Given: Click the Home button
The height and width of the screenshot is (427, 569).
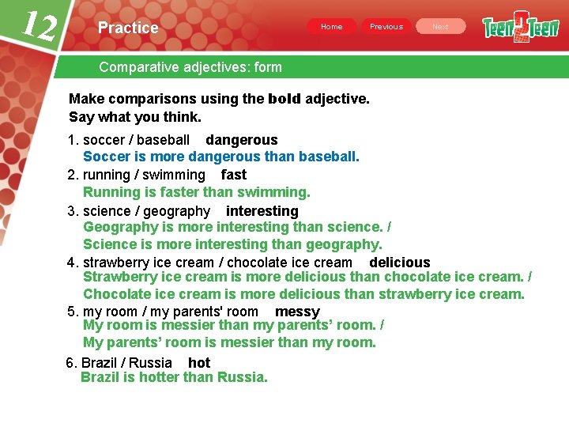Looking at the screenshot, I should coord(332,27).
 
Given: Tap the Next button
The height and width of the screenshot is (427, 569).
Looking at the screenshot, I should coord(440,27).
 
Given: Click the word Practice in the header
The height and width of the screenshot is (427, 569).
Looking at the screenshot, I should coord(128,28).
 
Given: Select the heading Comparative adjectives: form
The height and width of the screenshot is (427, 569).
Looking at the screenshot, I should coord(190,67).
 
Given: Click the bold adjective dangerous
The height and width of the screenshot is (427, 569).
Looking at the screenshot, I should coord(242,140).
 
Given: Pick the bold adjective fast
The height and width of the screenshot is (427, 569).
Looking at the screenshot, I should coord(234,175).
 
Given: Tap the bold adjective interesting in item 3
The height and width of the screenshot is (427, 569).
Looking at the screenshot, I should coord(262,211).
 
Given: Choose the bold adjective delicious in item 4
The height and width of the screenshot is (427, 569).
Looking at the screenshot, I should coord(400,263).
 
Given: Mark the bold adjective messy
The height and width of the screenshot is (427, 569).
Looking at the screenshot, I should coord(297,312).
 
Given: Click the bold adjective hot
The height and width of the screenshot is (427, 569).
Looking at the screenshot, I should coord(199,363).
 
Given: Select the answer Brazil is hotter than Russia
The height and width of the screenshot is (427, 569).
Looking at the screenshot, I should coord(174,377).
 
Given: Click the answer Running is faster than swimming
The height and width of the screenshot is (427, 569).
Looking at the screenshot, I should coord(197,192).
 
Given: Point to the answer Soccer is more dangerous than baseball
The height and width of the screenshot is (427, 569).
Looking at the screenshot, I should coord(221,157).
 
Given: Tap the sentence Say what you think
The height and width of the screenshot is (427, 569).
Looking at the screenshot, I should coord(135,117).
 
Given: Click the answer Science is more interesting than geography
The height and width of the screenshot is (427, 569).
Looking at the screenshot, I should coord(232,244).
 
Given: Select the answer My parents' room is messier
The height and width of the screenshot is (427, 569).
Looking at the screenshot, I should coord(229,342).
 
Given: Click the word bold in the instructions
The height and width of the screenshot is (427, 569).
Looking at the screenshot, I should coord(284,99).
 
